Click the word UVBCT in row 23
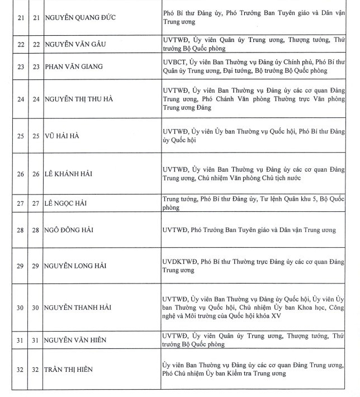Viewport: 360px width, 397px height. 175,63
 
